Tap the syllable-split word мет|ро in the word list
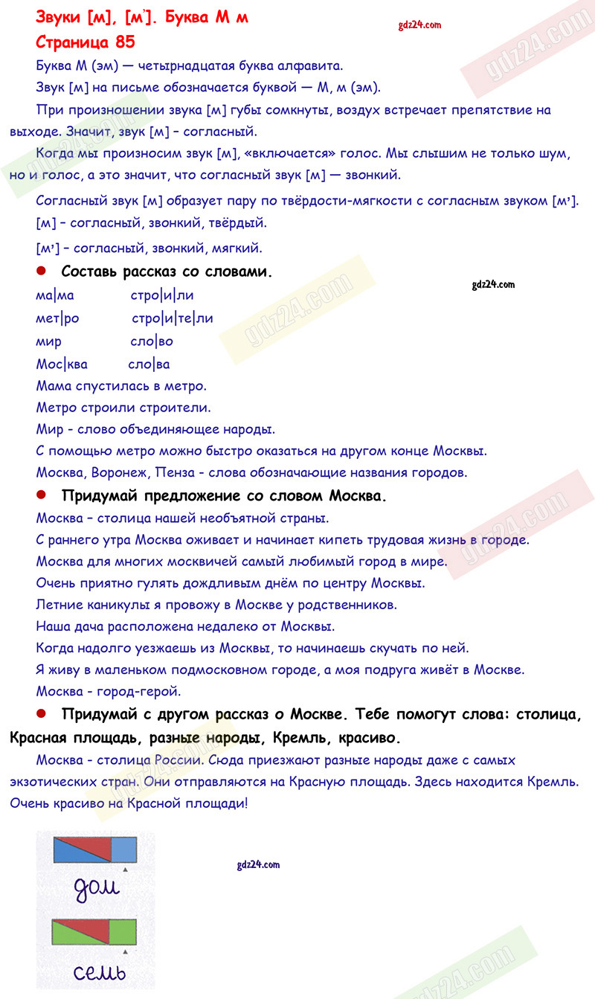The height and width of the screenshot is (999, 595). point(57,318)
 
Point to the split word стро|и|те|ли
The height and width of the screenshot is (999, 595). point(172,318)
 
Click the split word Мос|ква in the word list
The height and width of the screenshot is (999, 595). point(62,364)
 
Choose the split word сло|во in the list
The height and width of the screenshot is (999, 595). point(151,341)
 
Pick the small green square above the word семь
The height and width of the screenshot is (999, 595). point(123,931)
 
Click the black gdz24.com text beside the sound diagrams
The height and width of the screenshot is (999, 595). point(256,864)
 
